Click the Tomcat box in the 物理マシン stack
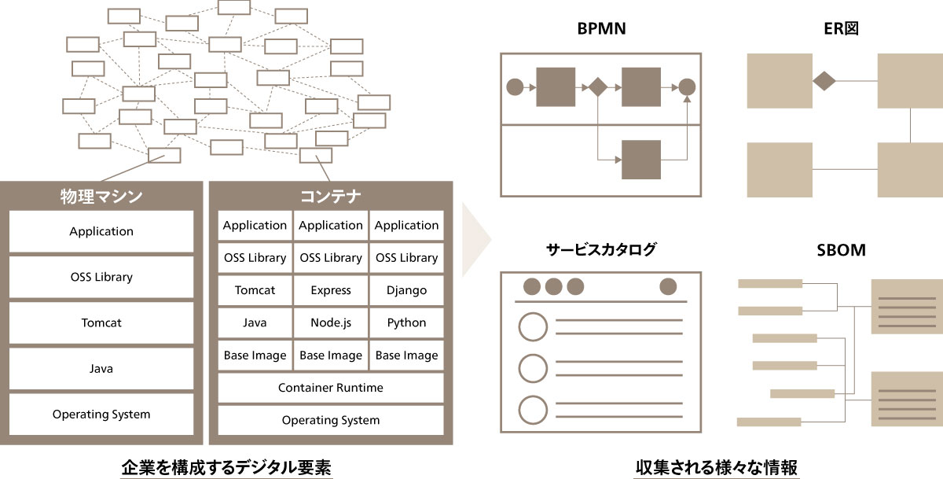point(101,322)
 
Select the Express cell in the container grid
point(331,290)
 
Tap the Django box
point(406,290)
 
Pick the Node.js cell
point(331,322)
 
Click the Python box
point(406,322)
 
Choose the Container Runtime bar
point(331,388)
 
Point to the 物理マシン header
point(101,196)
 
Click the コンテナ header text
point(331,196)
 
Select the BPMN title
point(601,30)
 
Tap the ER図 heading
point(844,30)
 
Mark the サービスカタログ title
point(601,251)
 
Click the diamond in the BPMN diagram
point(597,87)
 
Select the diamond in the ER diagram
point(824,81)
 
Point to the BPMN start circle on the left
point(515,87)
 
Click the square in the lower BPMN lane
point(641,160)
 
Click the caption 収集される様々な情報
point(717,466)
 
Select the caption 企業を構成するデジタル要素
point(226,466)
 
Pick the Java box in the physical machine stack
point(101,368)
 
